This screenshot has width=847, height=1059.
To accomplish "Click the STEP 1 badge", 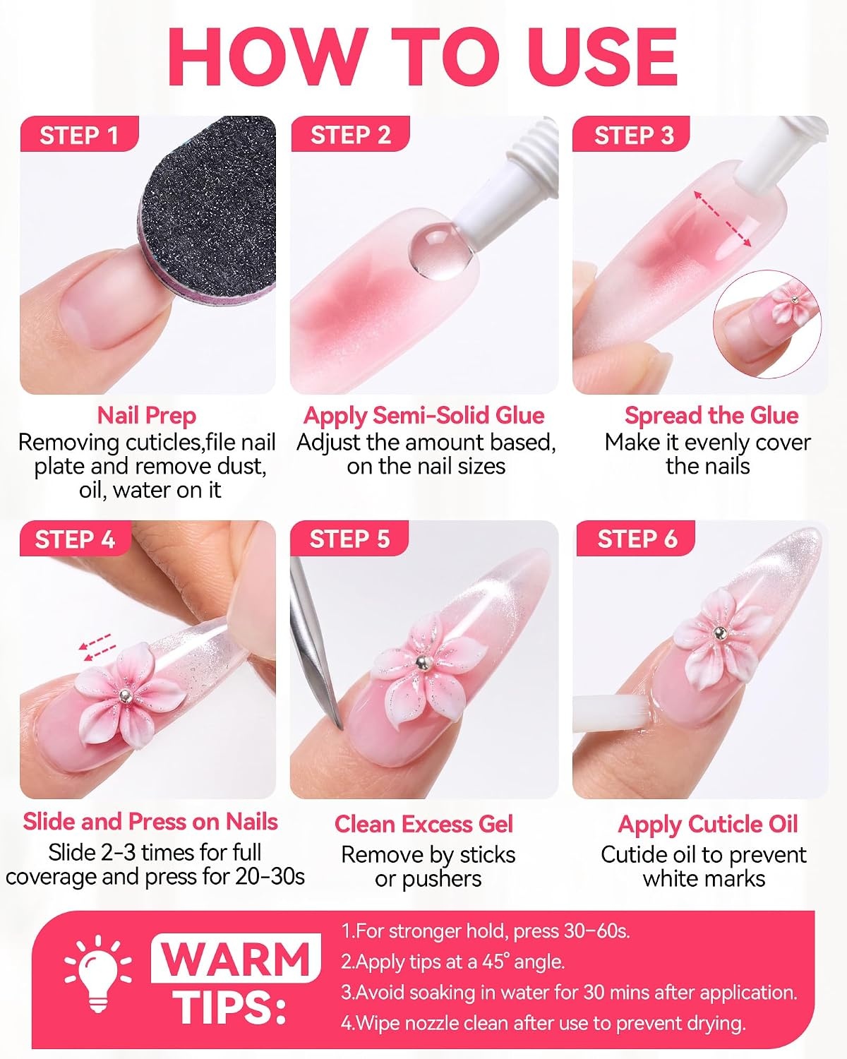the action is pyautogui.click(x=79, y=134).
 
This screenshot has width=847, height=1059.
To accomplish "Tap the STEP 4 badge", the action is pyautogui.click(x=76, y=539).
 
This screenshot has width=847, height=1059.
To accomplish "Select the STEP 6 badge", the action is pyautogui.click(x=635, y=539).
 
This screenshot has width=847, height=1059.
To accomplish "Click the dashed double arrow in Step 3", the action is pyautogui.click(x=722, y=218).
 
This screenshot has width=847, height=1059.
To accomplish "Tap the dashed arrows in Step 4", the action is pyautogui.click(x=97, y=646).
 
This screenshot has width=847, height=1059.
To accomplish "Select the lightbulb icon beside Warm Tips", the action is pyautogui.click(x=98, y=973).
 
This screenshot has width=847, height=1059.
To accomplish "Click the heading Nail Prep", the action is pyautogui.click(x=147, y=415).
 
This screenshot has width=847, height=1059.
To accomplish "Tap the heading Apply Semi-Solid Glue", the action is pyautogui.click(x=423, y=415).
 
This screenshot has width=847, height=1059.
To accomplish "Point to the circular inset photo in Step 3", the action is pyautogui.click(x=767, y=324).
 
